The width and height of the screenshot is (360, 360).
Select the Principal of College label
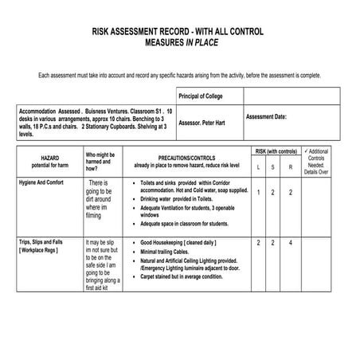202,95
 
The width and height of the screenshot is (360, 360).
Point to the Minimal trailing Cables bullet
172,251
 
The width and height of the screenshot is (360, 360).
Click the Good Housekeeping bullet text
178,241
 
